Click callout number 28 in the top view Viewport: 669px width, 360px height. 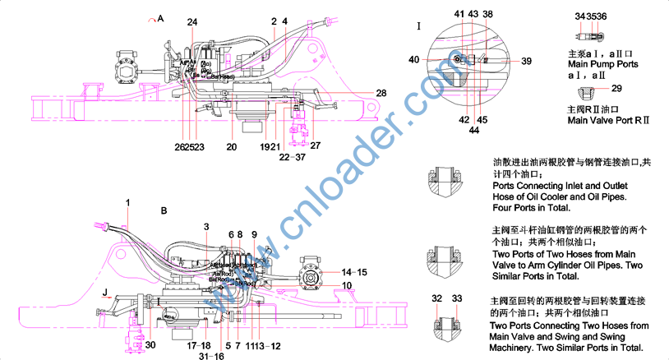(x=381, y=93)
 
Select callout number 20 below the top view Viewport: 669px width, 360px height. (x=232, y=146)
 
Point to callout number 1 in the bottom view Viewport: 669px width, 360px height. (x=128, y=202)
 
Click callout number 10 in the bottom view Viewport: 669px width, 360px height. (x=347, y=285)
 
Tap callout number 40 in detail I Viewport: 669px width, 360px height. (x=413, y=59)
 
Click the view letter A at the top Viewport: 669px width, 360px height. (x=160, y=17)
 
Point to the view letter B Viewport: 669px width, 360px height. (x=164, y=211)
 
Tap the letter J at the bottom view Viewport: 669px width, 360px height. (x=105, y=292)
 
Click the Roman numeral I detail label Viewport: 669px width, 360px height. (x=419, y=26)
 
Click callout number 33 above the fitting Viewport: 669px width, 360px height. (x=458, y=298)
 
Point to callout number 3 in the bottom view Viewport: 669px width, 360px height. (x=206, y=226)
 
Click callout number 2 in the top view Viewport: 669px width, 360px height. (x=274, y=20)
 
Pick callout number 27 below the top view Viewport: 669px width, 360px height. (x=316, y=146)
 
